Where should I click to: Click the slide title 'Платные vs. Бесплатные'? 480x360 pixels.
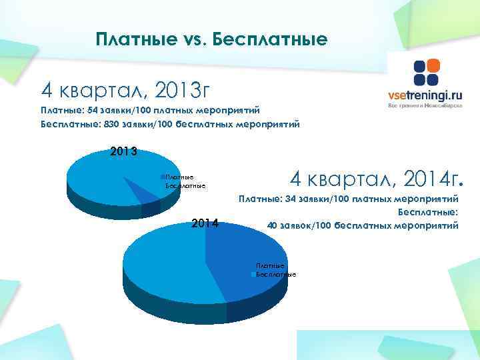coord(211,39)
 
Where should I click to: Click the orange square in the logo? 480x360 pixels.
coord(433,66)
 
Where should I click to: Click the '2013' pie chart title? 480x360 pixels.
coord(123,151)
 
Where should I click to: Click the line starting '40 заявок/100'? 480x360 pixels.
coord(362,225)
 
